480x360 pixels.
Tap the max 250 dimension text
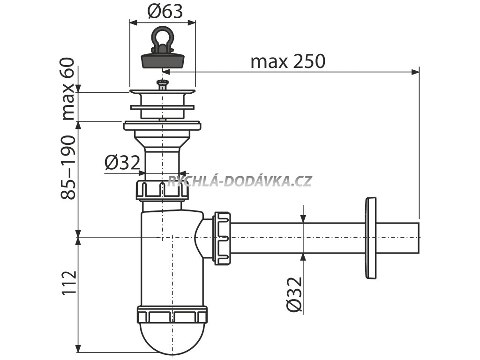click(287, 61)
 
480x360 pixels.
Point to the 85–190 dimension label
click(68, 167)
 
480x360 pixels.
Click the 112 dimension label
click(68, 283)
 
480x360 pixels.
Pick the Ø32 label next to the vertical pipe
click(122, 163)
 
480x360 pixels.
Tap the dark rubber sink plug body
click(162, 60)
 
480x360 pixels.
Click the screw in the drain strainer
click(162, 84)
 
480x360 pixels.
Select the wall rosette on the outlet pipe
click(370, 238)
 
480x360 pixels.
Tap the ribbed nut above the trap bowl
click(162, 190)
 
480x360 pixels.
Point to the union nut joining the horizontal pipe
click(222, 238)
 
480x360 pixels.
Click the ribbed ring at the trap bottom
click(172, 315)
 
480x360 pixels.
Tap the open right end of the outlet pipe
click(417, 238)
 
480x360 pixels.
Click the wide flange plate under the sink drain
click(162, 126)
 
